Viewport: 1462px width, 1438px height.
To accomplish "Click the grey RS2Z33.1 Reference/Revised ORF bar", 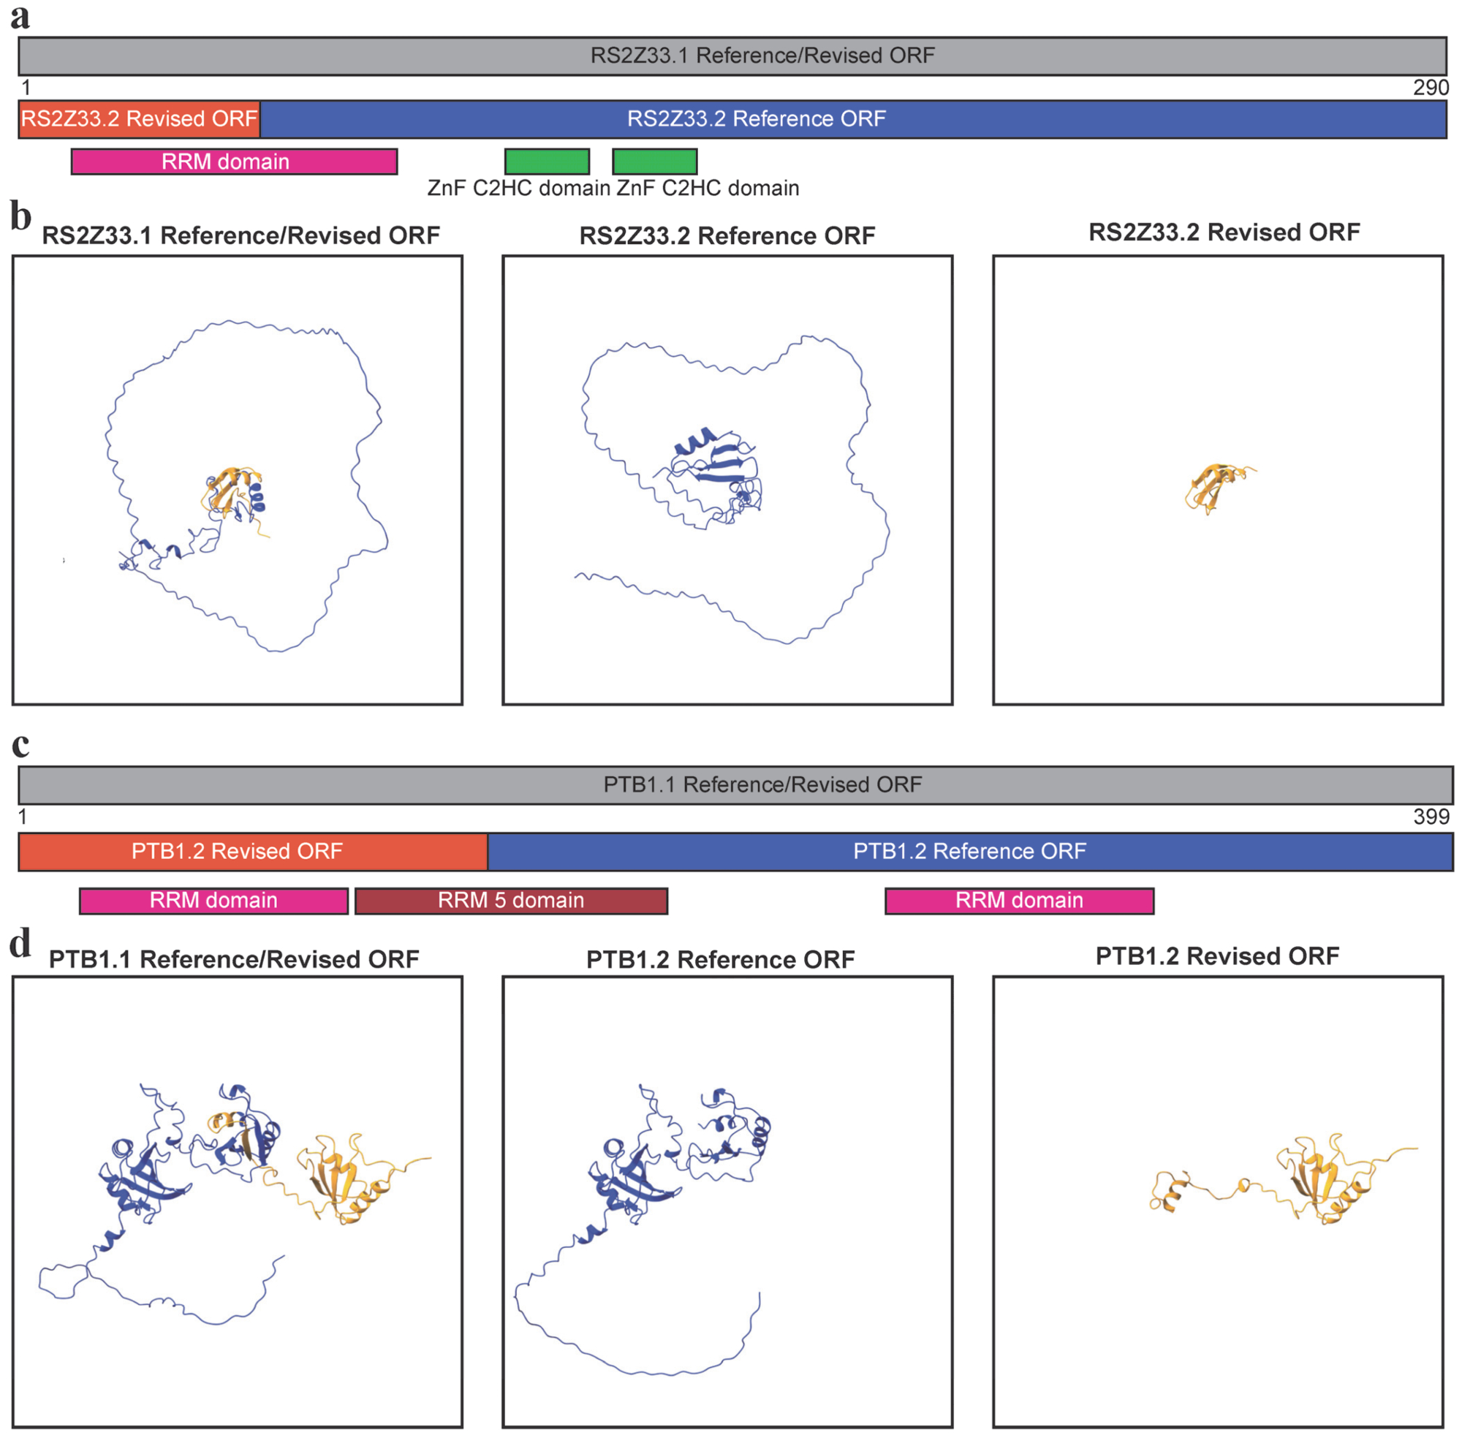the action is (x=732, y=56).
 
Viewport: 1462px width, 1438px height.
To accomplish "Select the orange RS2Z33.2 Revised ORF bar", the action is (x=139, y=118).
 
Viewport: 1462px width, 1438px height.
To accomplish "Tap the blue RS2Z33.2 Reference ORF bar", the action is (x=853, y=118).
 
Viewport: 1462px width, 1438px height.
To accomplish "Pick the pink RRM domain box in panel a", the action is (x=234, y=162).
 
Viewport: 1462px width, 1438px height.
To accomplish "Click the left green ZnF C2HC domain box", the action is (x=547, y=162).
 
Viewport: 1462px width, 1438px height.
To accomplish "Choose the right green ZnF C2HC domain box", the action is (x=655, y=162).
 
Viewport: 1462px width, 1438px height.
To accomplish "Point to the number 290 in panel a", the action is (x=1431, y=88).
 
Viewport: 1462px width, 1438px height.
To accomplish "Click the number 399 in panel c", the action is (x=1431, y=817).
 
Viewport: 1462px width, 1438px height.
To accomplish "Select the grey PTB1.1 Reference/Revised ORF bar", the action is (x=735, y=784).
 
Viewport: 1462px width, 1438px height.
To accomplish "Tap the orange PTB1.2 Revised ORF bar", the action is (x=253, y=851).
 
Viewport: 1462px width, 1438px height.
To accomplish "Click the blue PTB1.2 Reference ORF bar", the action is (x=970, y=851).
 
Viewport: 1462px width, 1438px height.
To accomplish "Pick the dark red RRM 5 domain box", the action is (x=511, y=900).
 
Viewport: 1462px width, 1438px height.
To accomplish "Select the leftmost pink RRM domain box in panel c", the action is (x=213, y=900).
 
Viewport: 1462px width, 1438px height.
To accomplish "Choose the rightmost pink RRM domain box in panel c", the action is (x=1020, y=900).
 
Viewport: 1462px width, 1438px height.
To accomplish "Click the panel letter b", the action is (x=20, y=216).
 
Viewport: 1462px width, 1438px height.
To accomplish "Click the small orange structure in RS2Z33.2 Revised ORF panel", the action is (x=1216, y=487).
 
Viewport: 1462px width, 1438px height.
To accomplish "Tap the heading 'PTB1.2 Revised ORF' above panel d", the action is (x=1217, y=955).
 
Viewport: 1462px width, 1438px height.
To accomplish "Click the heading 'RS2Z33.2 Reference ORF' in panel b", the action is (x=727, y=235).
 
